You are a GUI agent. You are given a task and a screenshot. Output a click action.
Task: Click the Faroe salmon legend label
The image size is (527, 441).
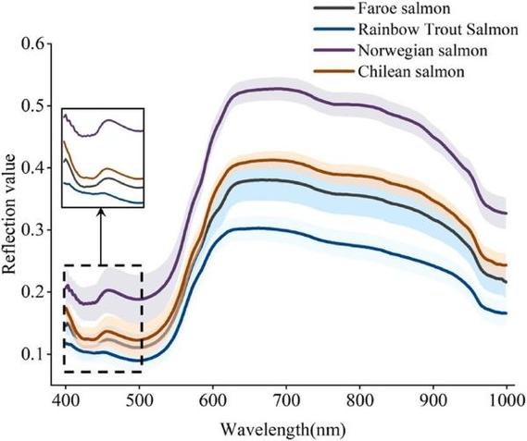[x=404, y=8]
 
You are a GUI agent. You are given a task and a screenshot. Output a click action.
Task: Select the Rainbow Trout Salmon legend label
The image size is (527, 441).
[x=438, y=30]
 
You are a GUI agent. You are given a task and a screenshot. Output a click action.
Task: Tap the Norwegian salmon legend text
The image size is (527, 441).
[x=422, y=51]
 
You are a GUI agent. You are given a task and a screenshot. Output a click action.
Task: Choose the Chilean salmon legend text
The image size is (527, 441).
[x=411, y=71]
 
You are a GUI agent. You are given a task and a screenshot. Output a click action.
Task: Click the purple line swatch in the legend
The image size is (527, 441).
[x=333, y=50]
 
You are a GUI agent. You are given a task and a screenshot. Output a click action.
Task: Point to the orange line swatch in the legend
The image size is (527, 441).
[x=333, y=71]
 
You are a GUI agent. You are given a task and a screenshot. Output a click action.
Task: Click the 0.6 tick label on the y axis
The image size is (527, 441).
[x=33, y=43]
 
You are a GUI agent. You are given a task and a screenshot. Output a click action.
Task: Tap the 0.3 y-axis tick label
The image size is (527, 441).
[x=33, y=230]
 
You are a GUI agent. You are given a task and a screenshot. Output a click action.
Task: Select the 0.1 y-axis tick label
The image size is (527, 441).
[x=33, y=354]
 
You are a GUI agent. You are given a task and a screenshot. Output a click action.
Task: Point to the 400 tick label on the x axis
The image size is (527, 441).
[x=66, y=400]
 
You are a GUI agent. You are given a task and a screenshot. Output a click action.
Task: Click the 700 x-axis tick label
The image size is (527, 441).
[x=286, y=400]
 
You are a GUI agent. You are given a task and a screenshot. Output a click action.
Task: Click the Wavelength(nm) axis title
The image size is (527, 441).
[x=283, y=429]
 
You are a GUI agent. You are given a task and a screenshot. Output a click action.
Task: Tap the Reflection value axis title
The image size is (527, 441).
[x=8, y=214]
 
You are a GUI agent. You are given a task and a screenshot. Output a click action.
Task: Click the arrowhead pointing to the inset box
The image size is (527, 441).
[x=101, y=212]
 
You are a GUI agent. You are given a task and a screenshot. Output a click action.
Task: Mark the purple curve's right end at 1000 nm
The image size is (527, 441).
[x=507, y=214]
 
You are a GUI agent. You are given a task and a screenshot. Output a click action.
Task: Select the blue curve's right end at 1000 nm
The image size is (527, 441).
[x=507, y=313]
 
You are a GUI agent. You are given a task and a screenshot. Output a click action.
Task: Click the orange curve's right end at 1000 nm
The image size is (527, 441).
[x=507, y=265]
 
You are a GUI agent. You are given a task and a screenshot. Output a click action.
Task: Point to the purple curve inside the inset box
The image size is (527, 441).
[x=103, y=126]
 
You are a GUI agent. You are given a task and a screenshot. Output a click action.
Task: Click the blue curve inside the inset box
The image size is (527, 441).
[x=103, y=193]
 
